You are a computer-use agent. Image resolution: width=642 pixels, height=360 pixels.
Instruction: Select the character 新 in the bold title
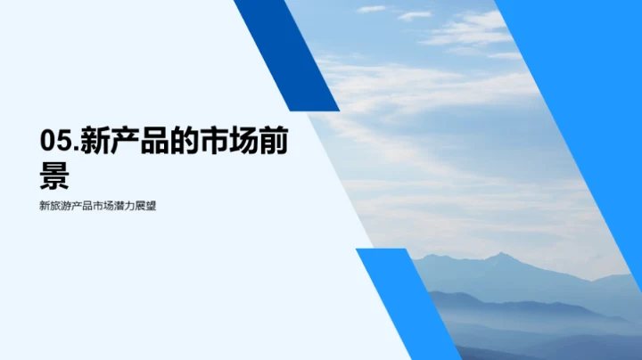click(x=96, y=143)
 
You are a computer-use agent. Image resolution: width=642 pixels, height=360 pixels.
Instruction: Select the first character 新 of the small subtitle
click(x=45, y=206)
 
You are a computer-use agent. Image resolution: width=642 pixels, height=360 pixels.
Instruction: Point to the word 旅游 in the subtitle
click(x=62, y=206)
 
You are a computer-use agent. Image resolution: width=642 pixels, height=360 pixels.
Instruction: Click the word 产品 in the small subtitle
click(x=85, y=206)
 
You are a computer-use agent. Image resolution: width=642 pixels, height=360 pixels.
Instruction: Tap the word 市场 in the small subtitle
click(x=108, y=206)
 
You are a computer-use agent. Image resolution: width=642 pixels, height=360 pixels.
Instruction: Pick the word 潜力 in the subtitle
click(x=131, y=206)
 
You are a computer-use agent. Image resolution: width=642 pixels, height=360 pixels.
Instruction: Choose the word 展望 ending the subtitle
click(x=153, y=206)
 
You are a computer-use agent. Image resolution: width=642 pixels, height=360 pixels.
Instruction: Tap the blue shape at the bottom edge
click(x=406, y=307)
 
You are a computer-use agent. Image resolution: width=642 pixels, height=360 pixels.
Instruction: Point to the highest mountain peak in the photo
click(x=502, y=255)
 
